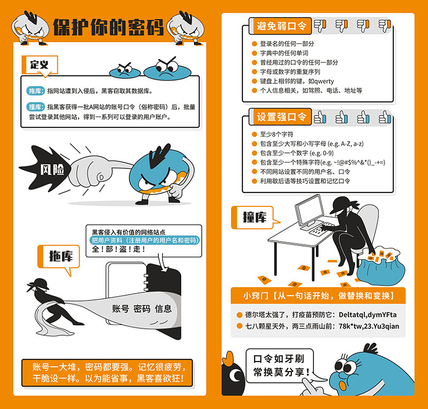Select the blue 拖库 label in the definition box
[36, 91]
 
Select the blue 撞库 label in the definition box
[36, 106]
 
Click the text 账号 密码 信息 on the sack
[142, 308]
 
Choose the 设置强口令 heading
[281, 117]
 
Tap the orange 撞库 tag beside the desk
[255, 217]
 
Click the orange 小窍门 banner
[318, 295]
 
